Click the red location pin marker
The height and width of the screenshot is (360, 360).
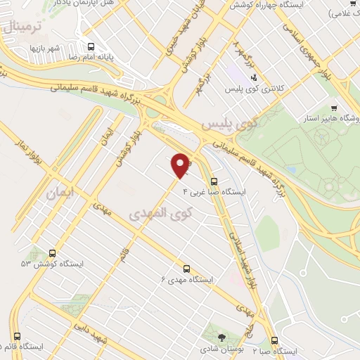[x=181, y=164]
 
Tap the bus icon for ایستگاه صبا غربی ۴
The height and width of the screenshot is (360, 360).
[x=214, y=181]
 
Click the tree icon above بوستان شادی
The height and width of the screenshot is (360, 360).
[x=223, y=337]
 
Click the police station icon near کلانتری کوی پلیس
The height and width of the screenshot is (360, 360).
[x=255, y=77]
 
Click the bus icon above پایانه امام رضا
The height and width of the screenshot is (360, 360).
[x=90, y=47]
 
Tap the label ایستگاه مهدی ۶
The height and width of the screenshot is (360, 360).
[x=187, y=280]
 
